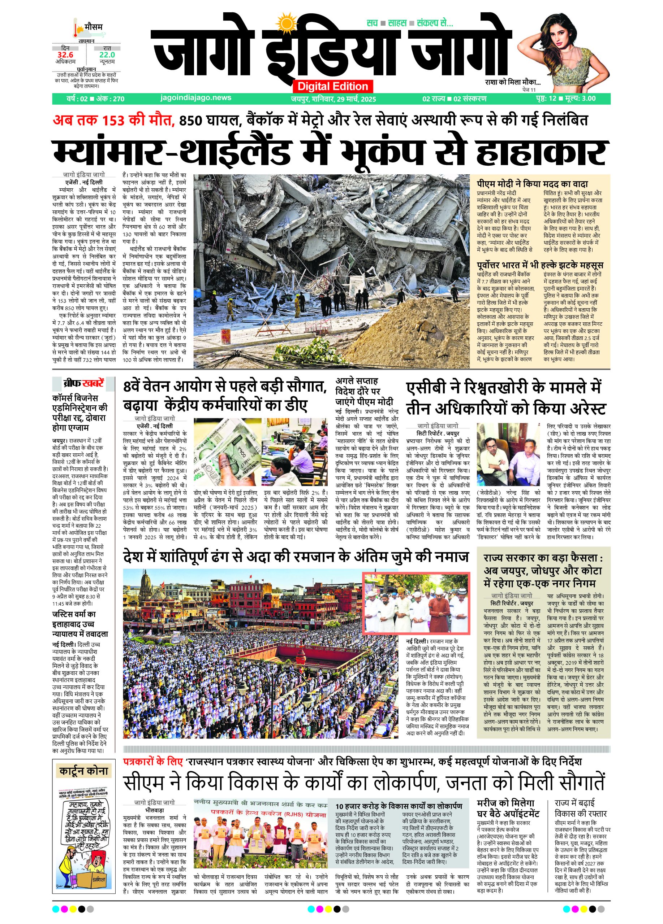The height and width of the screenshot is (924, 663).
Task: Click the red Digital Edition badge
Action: [332, 86]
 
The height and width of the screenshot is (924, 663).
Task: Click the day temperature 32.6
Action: [65, 55]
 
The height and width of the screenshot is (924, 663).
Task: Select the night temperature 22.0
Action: [107, 55]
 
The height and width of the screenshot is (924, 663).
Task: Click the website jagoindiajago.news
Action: [196, 98]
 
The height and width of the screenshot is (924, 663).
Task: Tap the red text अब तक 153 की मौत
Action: [113, 121]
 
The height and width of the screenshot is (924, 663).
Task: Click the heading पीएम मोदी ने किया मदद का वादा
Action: [532, 184]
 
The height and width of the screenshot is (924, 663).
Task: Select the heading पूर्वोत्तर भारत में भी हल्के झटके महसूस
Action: [540, 265]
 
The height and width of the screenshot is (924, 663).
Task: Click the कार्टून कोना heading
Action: [83, 771]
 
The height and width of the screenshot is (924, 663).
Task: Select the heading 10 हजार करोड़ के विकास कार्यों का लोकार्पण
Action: [399, 806]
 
